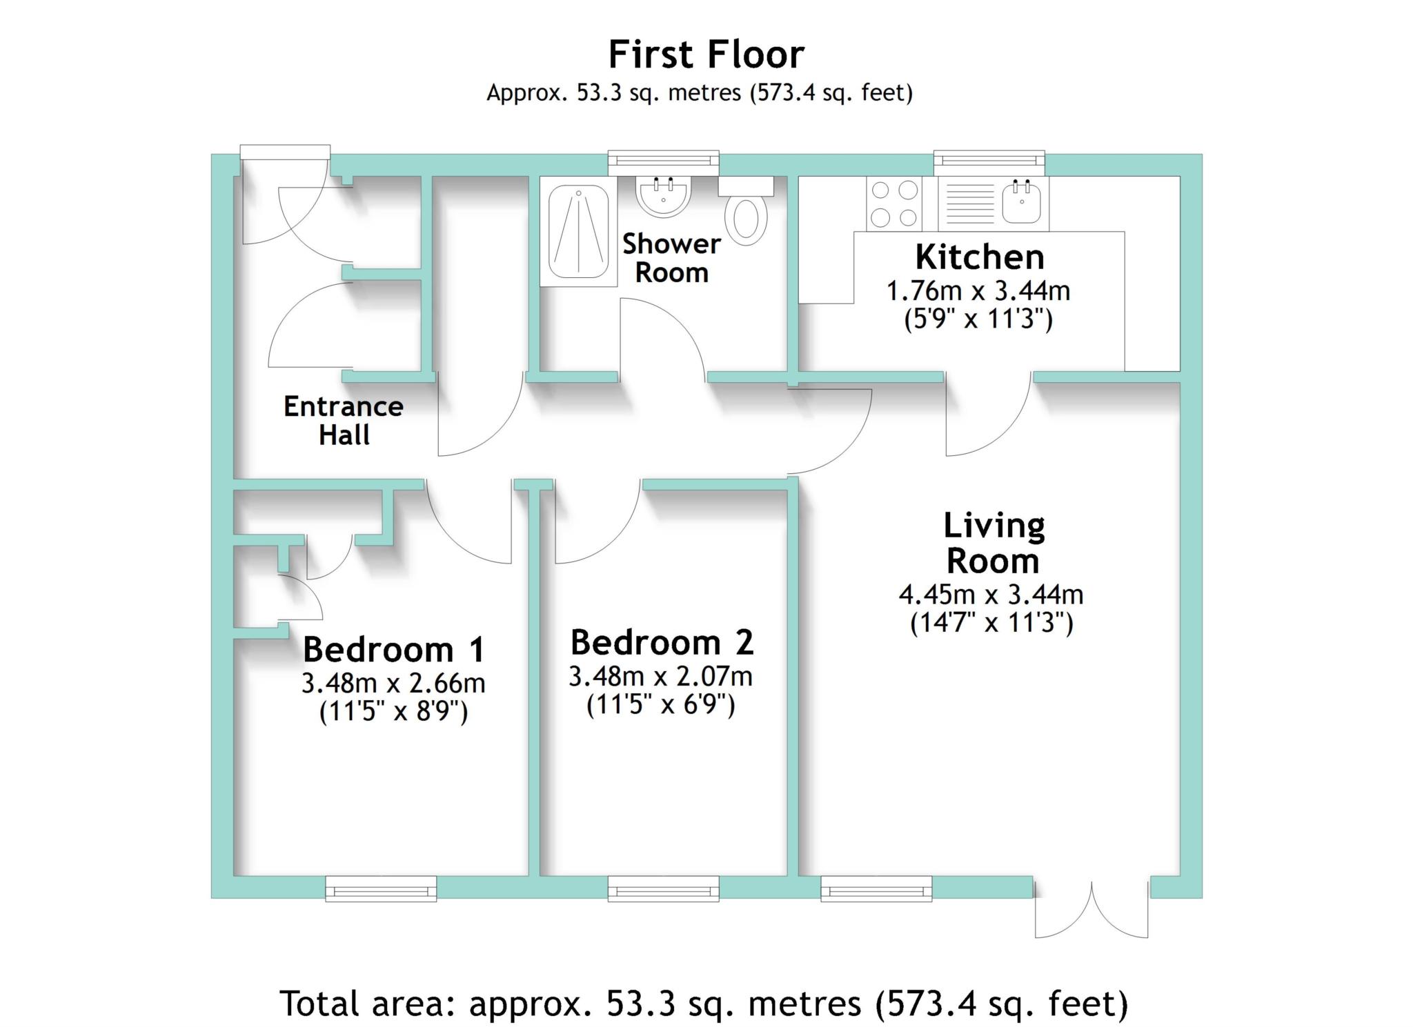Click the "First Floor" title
[706, 54]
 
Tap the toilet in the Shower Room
[746, 211]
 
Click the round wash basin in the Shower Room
[663, 197]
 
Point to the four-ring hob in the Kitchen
[894, 203]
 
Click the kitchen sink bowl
[1021, 201]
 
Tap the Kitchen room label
[980, 257]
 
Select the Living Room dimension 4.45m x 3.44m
[991, 594]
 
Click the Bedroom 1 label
[394, 649]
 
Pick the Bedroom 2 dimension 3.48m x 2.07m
[660, 676]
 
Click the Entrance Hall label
[344, 421]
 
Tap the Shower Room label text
[671, 258]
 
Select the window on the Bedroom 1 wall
[381, 888]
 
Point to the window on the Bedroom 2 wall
[663, 888]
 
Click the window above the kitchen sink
[989, 163]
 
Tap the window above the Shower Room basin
[663, 163]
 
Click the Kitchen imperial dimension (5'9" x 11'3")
[978, 319]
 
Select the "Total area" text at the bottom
[704, 1004]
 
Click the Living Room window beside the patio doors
[876, 888]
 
